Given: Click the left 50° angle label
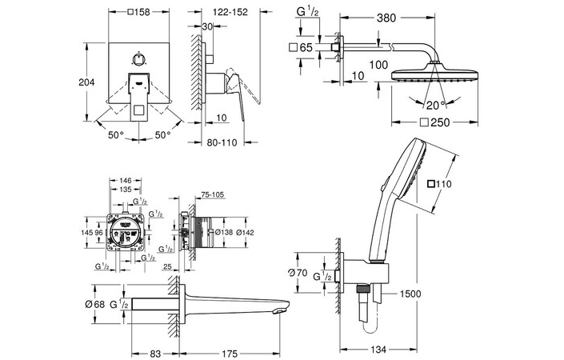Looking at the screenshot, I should click(114, 135).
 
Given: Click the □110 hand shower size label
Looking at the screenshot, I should click(442, 184).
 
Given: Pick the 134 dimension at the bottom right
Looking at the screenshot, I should click(380, 350).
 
